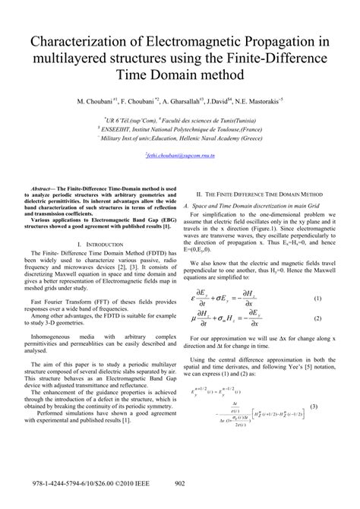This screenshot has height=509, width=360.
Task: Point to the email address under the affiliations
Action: [x=180, y=156]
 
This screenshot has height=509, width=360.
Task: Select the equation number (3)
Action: [x=333, y=409]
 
